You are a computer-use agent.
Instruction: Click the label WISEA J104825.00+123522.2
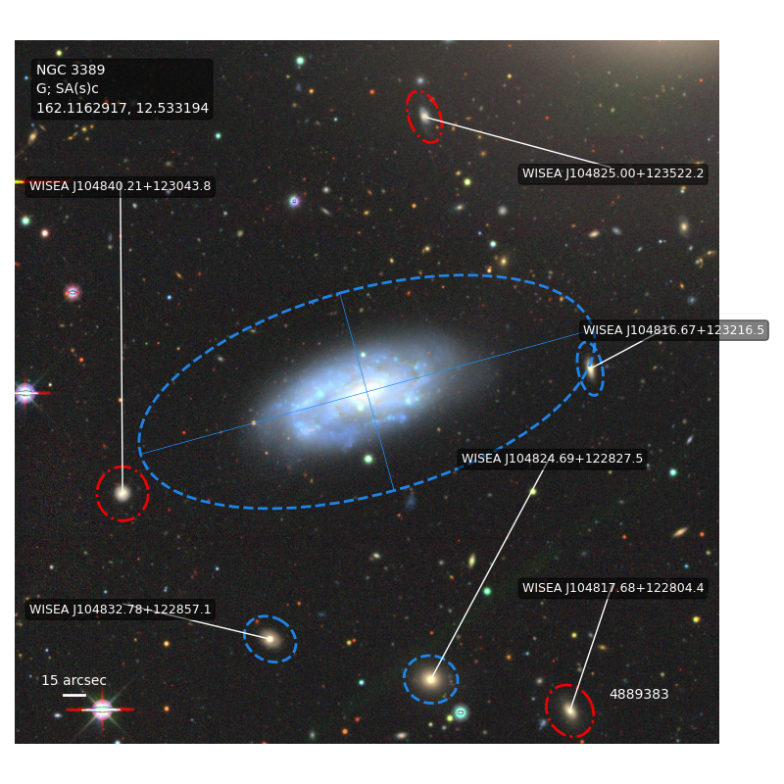[612, 173]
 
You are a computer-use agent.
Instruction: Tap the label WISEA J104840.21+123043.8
[120, 186]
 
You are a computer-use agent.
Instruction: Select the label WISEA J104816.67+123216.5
[673, 330]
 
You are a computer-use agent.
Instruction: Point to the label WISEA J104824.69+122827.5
[552, 459]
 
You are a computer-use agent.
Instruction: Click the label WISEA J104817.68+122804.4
[612, 588]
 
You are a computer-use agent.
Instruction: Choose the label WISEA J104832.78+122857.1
[120, 610]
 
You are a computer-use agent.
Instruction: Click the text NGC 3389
[71, 70]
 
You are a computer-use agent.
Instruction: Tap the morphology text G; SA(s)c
[67, 88]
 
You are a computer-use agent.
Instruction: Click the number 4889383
[639, 694]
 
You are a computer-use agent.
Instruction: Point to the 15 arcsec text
[73, 680]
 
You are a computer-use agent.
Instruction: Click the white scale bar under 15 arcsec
[74, 695]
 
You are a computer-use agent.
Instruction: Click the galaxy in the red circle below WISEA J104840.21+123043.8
[122, 494]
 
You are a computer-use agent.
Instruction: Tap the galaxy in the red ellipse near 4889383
[570, 710]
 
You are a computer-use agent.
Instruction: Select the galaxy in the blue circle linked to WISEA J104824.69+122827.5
[430, 679]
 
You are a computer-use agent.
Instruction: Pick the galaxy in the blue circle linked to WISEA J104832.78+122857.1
[270, 639]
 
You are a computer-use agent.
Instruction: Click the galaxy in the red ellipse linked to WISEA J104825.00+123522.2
[424, 117]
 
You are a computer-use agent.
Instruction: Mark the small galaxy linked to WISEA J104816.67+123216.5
[591, 370]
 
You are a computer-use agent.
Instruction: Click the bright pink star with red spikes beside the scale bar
[102, 710]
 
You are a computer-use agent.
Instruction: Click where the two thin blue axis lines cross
[367, 392]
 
